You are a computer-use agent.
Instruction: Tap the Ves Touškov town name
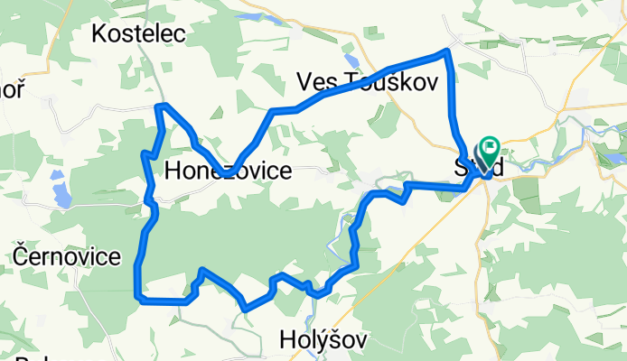click(x=367, y=83)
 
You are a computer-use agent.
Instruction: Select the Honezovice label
click(x=229, y=170)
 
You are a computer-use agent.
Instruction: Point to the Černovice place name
click(x=68, y=256)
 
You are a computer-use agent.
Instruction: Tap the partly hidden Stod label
click(x=477, y=168)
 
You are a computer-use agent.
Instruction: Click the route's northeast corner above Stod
click(x=445, y=53)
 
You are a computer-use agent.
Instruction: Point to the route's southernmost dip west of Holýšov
click(x=246, y=309)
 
